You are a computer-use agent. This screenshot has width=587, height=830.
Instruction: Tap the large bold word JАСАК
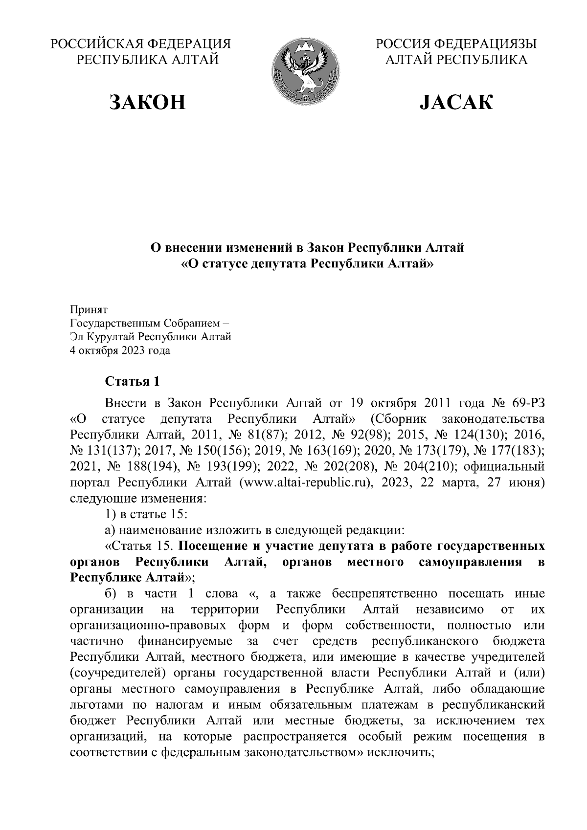coord(456,102)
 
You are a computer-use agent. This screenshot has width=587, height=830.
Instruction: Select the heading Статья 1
coord(132,381)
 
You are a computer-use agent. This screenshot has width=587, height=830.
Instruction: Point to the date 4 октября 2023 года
coord(120,350)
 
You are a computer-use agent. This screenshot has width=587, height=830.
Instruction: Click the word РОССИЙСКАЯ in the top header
coord(96,44)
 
